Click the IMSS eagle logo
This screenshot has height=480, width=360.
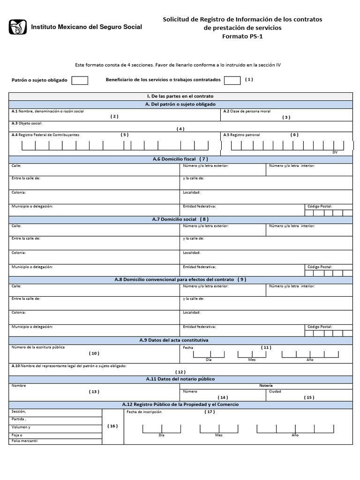tap(17, 27)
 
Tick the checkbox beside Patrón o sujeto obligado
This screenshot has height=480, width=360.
tap(80, 80)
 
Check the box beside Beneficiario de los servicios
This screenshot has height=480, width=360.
tap(232, 80)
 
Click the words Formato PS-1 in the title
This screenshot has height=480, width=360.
tap(242, 37)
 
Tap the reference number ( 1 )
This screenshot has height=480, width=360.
tap(249, 79)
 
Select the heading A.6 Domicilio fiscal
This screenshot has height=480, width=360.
tap(180, 159)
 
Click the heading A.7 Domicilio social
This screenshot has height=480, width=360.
tap(180, 219)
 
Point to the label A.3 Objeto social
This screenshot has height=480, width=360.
tap(27, 123)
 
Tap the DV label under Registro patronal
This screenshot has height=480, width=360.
tap(335, 152)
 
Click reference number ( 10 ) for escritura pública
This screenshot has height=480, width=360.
tap(94, 353)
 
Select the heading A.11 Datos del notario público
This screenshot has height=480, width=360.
tap(180, 379)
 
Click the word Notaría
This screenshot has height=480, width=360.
tap(266, 385)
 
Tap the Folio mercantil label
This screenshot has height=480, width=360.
tap(24, 441)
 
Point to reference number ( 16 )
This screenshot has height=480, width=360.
tap(112, 426)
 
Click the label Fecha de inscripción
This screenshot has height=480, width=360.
tap(144, 412)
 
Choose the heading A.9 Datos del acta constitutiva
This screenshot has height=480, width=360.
tap(180, 340)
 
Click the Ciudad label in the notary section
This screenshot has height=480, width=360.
tap(275, 391)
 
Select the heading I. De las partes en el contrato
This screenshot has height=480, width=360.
tap(180, 96)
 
